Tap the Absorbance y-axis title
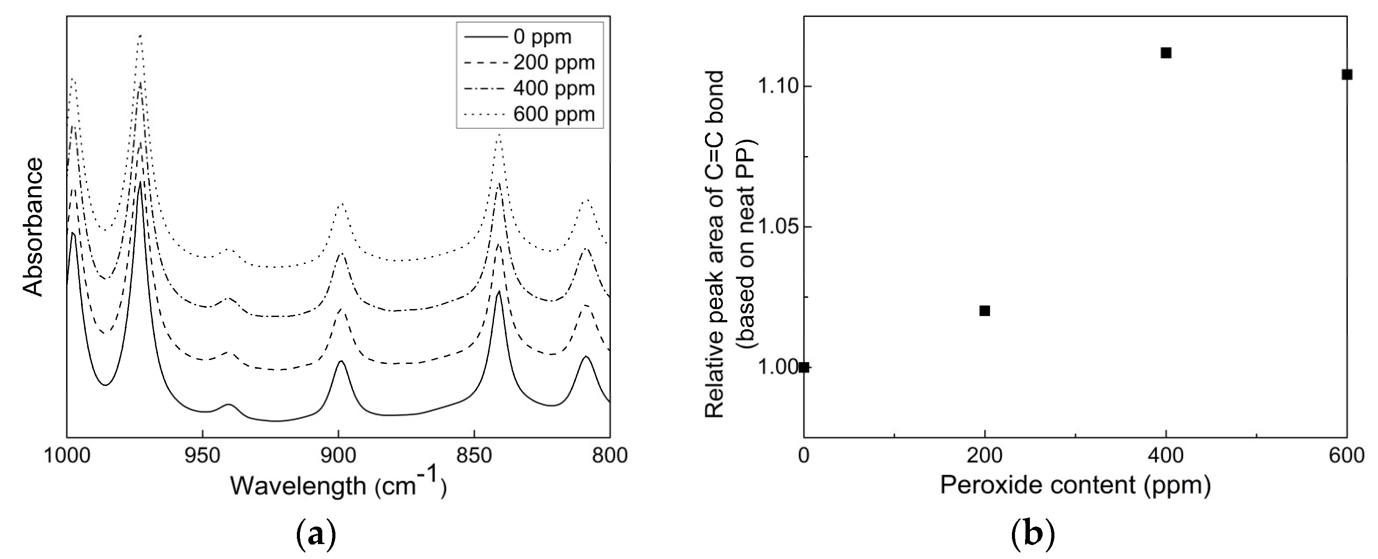point(34,227)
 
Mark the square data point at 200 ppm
point(984,310)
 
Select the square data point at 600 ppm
point(1347,89)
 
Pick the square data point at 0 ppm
point(804,367)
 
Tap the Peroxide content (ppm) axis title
point(1075,485)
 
